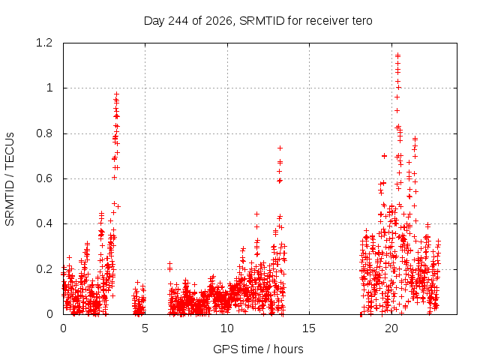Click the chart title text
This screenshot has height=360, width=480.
click(x=258, y=21)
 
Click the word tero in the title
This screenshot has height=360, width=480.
click(x=362, y=21)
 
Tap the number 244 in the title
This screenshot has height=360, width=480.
click(x=178, y=21)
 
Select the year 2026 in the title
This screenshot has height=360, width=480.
click(x=218, y=21)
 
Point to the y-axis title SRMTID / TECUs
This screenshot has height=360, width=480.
click(x=10, y=179)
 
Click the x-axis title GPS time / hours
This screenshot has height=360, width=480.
click(x=258, y=349)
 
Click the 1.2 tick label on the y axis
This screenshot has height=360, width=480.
click(x=44, y=43)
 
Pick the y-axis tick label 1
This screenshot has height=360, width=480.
click(x=49, y=88)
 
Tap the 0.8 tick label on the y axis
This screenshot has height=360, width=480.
click(x=44, y=133)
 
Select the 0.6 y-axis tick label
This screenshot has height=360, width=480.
click(x=44, y=178)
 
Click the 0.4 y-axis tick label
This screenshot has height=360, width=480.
click(x=44, y=223)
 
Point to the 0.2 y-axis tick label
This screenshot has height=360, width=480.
click(x=44, y=269)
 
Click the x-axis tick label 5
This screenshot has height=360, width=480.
click(x=145, y=328)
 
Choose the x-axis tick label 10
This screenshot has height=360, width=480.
click(x=226, y=328)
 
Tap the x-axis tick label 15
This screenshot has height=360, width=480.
click(x=309, y=328)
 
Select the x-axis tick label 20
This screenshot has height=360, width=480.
click(x=391, y=328)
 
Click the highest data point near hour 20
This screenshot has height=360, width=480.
click(x=398, y=55)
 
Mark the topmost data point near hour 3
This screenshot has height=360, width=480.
click(x=117, y=94)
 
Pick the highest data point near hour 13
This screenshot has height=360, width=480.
click(x=280, y=148)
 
